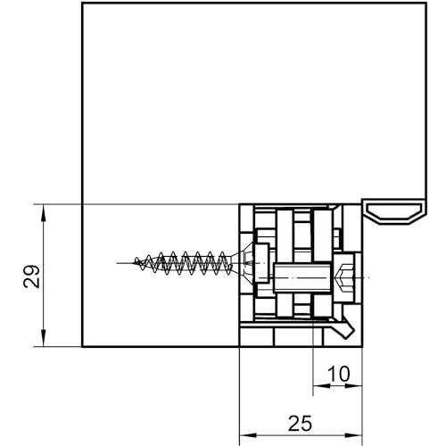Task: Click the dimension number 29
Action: tap(31, 277)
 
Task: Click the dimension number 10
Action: tap(339, 374)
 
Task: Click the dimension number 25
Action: tap(301, 424)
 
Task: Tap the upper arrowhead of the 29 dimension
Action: tap(44, 213)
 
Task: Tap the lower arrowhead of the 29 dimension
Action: tap(44, 338)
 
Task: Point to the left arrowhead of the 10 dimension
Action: tap(322, 386)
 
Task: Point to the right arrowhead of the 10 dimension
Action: tap(354, 386)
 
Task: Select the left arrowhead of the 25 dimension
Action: tap(248, 435)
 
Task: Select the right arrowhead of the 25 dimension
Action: tap(354, 435)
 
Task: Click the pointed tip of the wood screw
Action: tap(136, 262)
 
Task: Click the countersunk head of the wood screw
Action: tap(244, 264)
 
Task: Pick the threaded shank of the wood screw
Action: tap(183, 263)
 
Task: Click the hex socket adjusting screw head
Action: tap(344, 277)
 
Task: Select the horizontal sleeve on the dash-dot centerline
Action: tap(302, 278)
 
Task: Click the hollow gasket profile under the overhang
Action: tap(395, 212)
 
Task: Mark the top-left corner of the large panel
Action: tap(82, 4)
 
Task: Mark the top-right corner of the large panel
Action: tap(426, 4)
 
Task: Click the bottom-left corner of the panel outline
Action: tap(82, 347)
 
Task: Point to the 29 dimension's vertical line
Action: tap(44, 276)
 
